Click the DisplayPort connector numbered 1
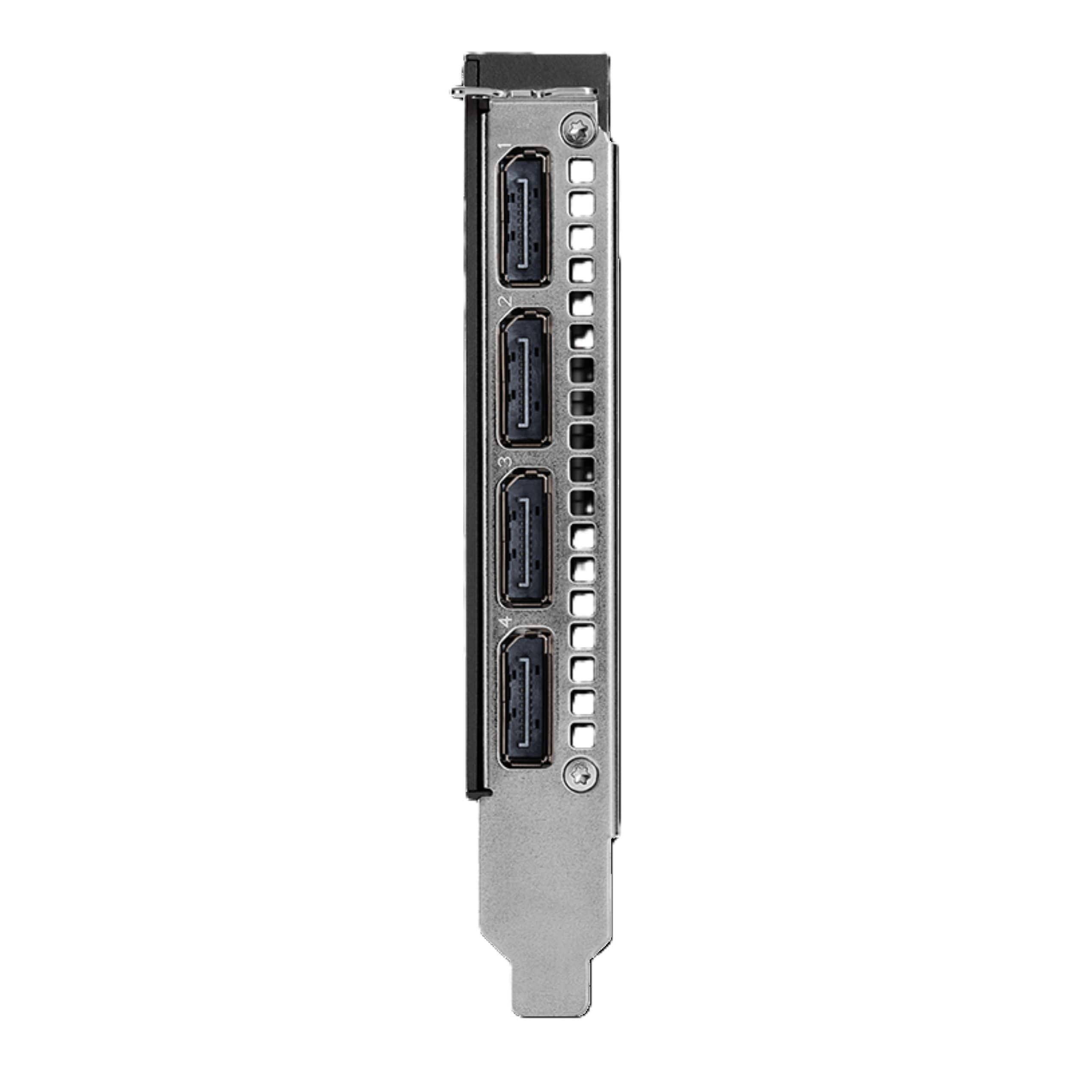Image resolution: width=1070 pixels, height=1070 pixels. [524, 217]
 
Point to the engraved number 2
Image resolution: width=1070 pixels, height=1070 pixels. [505, 302]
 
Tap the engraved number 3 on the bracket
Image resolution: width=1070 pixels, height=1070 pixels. [505, 461]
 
